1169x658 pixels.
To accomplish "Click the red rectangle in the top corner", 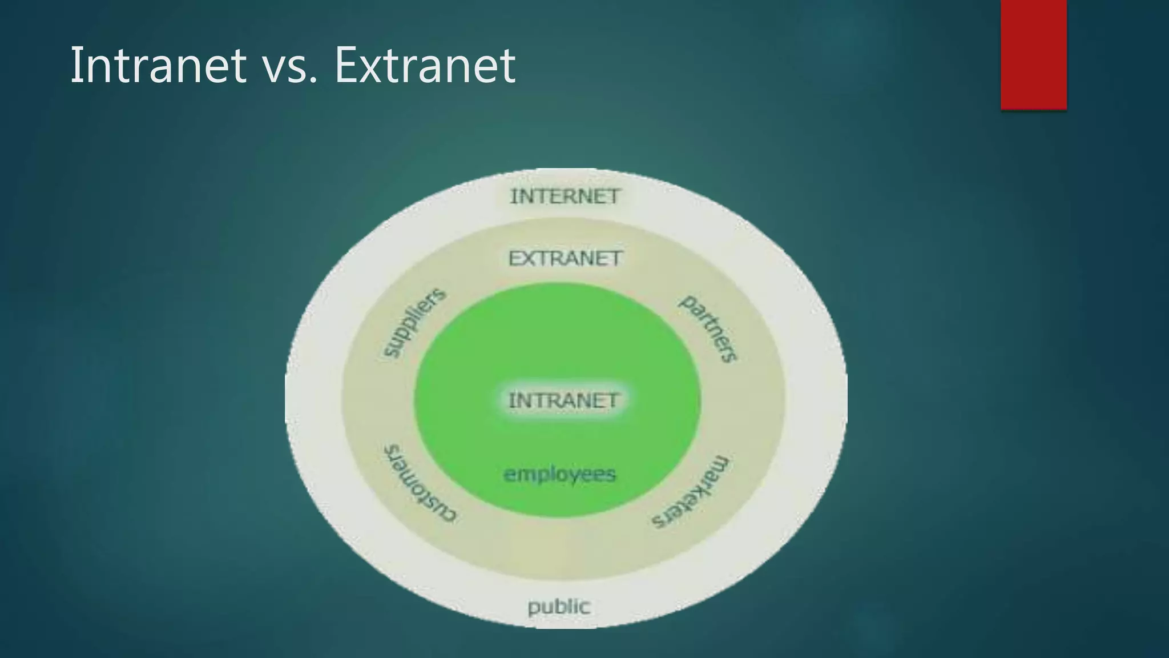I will point(1033,54).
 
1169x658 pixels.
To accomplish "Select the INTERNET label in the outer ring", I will point(565,196).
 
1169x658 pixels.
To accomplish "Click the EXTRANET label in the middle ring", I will point(565,259).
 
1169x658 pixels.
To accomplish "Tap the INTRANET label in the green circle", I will point(563,400).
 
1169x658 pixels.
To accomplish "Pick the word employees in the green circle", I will point(559,474).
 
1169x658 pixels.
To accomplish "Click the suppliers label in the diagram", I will point(413,323).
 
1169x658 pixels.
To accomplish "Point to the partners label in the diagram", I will point(708,328).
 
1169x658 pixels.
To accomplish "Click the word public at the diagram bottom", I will point(558,607).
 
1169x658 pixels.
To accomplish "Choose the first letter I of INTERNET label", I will point(513,196).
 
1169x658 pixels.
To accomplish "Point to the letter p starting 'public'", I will point(533,608).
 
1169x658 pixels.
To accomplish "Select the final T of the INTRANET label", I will point(611,400).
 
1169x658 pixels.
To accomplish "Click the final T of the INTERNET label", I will point(613,196).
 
